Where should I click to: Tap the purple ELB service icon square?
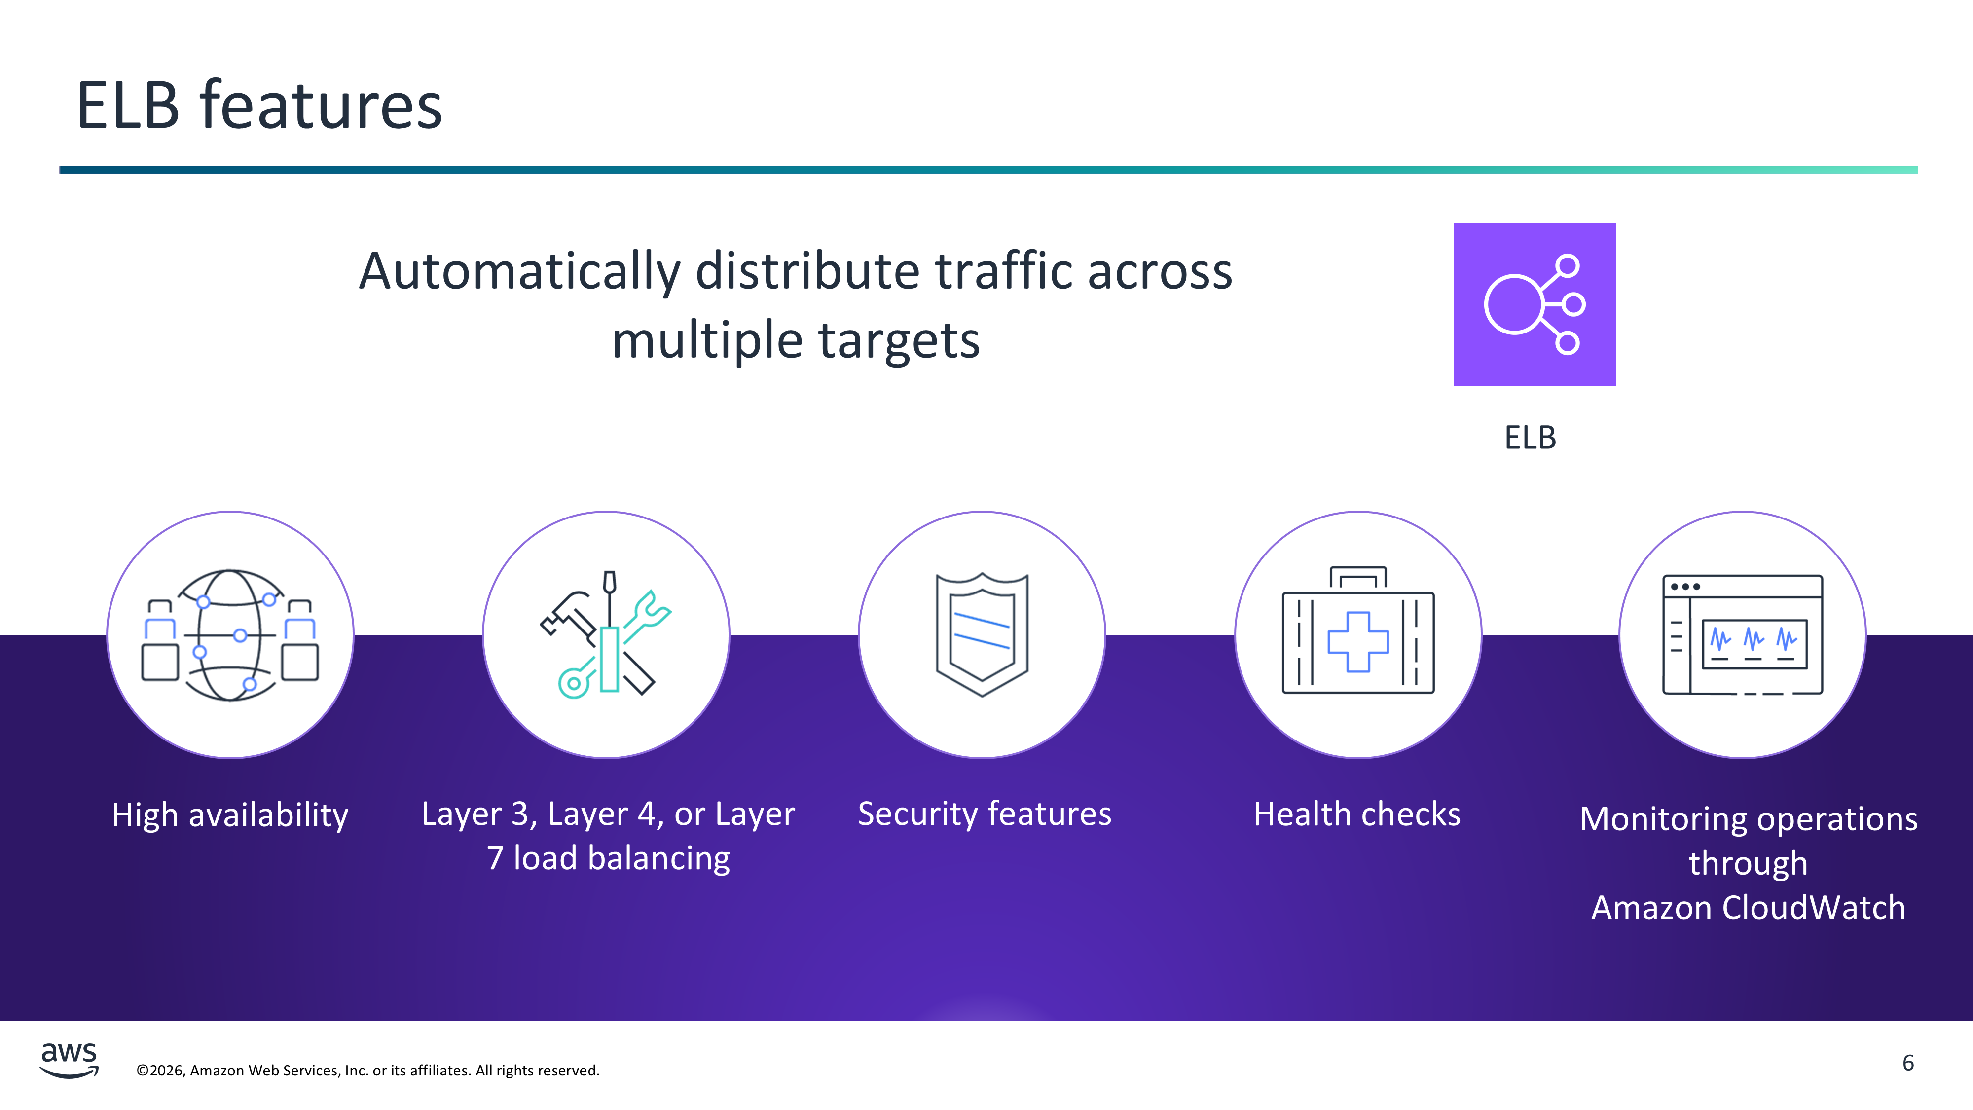tap(1534, 304)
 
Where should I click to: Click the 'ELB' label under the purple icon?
tap(1530, 438)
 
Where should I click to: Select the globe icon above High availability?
tap(230, 635)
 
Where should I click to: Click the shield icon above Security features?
tap(982, 634)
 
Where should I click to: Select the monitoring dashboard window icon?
tap(1743, 634)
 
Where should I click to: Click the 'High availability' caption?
tap(230, 815)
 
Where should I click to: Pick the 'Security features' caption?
tap(984, 814)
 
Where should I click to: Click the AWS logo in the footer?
tap(69, 1060)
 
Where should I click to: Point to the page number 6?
tap(1908, 1063)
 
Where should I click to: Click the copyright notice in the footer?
tap(367, 1070)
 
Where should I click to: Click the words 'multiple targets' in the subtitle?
tap(796, 340)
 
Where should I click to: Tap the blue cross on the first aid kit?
tap(1358, 642)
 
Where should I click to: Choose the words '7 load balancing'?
tap(608, 858)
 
